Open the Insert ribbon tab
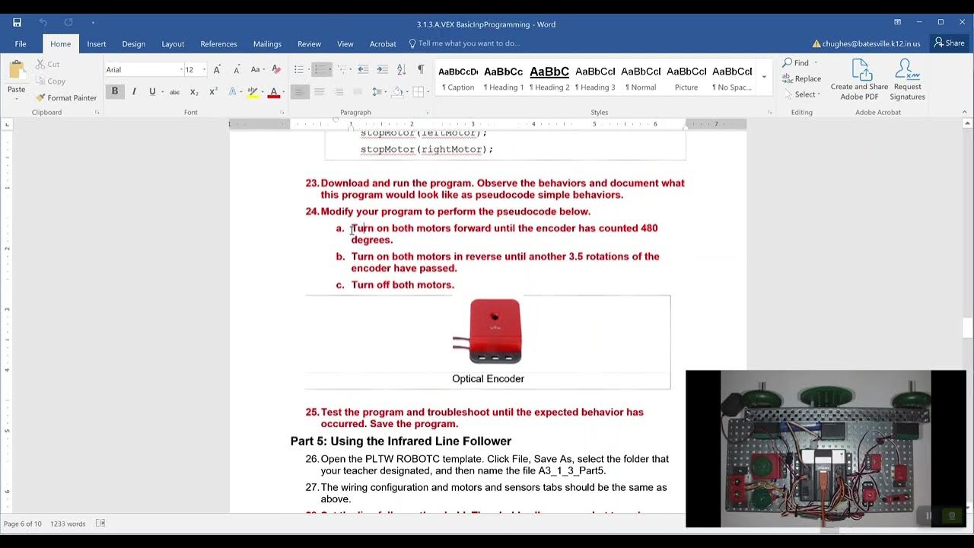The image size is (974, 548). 97,44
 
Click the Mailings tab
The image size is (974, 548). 267,44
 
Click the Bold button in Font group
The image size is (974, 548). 115,91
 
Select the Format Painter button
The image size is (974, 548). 66,97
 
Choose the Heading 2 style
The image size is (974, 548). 549,77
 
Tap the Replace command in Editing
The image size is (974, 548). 802,78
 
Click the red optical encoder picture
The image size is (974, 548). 495,331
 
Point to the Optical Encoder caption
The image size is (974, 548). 488,379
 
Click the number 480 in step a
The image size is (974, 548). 649,228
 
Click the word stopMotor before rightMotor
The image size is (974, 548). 387,149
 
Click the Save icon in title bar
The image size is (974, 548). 17,23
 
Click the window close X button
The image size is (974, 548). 961,22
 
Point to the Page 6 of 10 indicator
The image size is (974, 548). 23,524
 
